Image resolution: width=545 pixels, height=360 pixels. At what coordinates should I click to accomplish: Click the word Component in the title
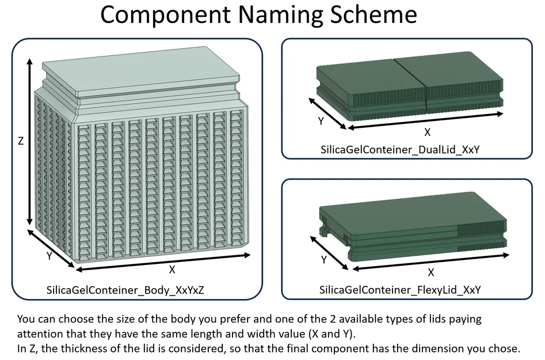[x=165, y=14]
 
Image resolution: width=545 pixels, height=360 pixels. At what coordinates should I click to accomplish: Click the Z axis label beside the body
[x=21, y=141]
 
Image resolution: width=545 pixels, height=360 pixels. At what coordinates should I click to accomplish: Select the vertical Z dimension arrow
[x=30, y=142]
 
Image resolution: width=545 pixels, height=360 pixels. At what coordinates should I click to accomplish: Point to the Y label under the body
[x=49, y=256]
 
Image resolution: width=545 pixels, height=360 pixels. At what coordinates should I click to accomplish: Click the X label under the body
[x=171, y=270]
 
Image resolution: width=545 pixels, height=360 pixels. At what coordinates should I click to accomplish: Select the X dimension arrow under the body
[x=163, y=262]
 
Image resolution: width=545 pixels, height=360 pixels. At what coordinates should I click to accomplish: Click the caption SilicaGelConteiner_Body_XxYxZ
[x=125, y=290]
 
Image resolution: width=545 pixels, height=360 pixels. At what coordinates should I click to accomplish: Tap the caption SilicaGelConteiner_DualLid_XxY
[x=400, y=150]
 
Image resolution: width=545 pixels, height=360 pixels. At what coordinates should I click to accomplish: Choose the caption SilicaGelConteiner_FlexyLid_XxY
[x=400, y=290]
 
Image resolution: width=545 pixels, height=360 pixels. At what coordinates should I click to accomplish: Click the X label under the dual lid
[x=428, y=132]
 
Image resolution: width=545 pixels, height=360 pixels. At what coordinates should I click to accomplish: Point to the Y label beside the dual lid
[x=321, y=121]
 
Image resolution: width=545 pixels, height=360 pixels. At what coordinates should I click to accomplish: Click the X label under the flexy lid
[x=430, y=272]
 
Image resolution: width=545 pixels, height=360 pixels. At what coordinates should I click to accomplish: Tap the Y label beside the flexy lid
[x=324, y=260]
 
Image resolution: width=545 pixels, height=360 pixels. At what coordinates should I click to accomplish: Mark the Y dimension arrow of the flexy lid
[x=329, y=253]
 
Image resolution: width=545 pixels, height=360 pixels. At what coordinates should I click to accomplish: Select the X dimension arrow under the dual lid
[x=425, y=121]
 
